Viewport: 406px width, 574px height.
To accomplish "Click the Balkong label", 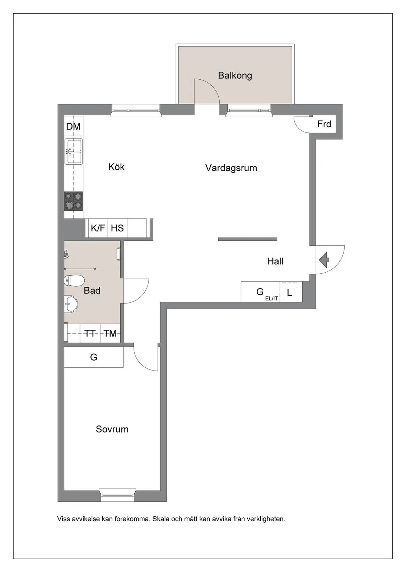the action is coord(235,76).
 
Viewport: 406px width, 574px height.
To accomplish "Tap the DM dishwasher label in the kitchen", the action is coord(73,126).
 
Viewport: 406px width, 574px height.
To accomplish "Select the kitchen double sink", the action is coord(74,151).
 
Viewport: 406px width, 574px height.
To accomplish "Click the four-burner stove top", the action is coord(74,201).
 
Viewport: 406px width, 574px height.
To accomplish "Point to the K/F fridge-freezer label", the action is coord(98,228).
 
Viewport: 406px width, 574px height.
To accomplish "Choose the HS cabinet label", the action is coord(117,228).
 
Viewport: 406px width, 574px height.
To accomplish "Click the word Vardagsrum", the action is coord(231,168).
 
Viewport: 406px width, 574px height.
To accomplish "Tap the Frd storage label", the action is coord(324,124).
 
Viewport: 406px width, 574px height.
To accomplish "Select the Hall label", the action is coord(275,261).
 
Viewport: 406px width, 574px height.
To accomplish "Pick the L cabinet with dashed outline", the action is coord(290,292).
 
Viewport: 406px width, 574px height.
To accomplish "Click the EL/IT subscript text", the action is coord(272,298).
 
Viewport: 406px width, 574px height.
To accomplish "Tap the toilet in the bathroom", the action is coord(74,281).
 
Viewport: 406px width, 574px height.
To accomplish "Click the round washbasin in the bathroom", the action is coord(70,304).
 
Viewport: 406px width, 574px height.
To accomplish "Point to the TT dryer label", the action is coord(90,333).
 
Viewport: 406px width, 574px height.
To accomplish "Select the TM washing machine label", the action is coord(110,333).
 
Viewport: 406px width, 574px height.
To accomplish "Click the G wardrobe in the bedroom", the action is coord(94,357).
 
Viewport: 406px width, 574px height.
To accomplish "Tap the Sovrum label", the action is coord(112,429).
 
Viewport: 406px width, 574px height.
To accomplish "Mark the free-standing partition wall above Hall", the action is coord(248,239).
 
